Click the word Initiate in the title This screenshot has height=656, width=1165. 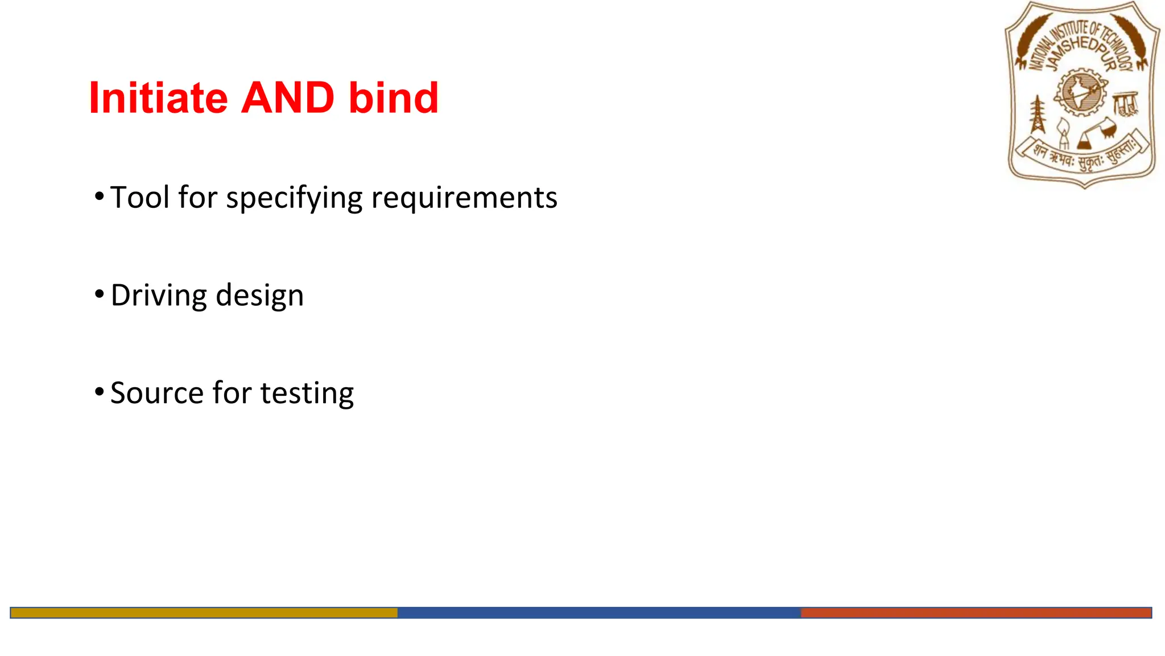(x=158, y=98)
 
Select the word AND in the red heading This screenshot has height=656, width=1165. (x=288, y=98)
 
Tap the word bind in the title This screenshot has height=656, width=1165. (x=394, y=98)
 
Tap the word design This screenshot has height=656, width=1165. (x=260, y=296)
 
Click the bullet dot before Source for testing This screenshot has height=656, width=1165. (x=100, y=392)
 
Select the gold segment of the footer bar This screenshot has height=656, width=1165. (x=204, y=613)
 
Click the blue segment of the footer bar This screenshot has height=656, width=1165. (x=598, y=613)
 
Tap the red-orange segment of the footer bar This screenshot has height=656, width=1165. (x=976, y=613)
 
